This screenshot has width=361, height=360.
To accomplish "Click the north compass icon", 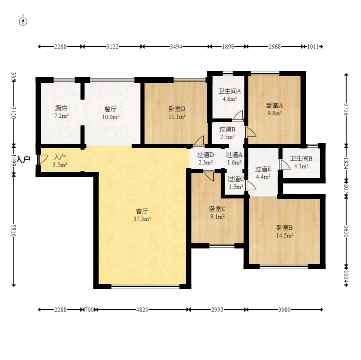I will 23,21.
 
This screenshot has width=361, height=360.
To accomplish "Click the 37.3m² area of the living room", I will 142,218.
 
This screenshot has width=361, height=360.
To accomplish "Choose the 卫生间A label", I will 230,92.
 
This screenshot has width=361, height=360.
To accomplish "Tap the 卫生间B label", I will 301,158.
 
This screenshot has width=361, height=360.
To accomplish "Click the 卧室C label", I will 217,209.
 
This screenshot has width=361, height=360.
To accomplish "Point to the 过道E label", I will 263,168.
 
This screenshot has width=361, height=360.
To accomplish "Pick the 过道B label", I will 227,129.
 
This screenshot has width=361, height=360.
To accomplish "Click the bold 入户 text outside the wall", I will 23,159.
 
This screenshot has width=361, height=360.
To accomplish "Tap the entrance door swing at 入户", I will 42,159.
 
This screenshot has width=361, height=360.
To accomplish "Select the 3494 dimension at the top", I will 176,47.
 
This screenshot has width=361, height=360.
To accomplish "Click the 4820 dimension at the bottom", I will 142,310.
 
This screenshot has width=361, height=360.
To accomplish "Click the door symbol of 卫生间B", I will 285,164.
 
